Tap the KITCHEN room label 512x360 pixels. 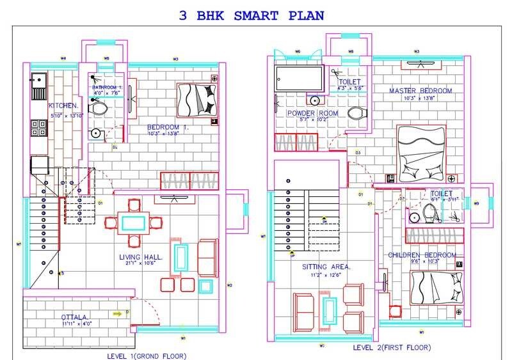tap(63, 106)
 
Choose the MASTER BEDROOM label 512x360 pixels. tap(420, 91)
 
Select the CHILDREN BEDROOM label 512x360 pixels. tap(422, 255)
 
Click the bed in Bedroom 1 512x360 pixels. tap(197, 100)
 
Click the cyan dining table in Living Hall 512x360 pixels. tap(133, 223)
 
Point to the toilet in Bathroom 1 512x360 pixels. tap(98, 109)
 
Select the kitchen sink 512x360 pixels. tap(36, 84)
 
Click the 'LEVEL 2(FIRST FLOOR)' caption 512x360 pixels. tap(392, 347)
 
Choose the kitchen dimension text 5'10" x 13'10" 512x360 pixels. tap(67, 115)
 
